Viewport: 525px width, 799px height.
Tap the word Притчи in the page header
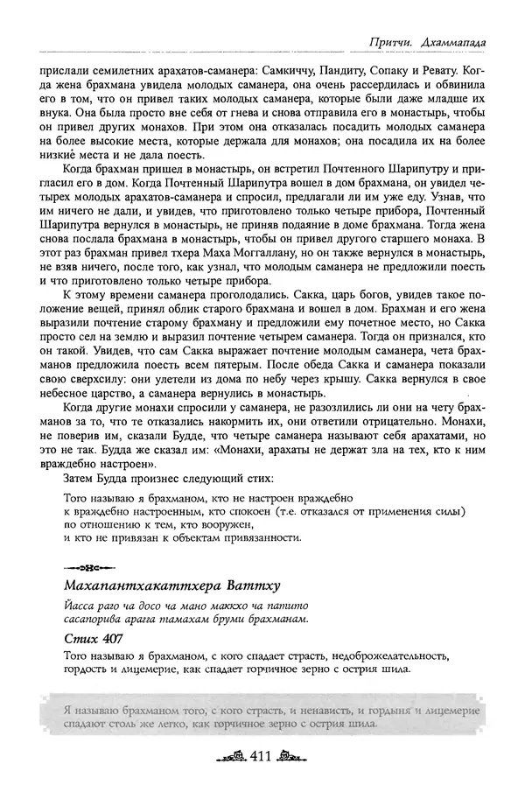[x=388, y=41]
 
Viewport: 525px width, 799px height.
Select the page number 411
[x=263, y=758]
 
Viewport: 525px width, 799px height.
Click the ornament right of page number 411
[x=294, y=759]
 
